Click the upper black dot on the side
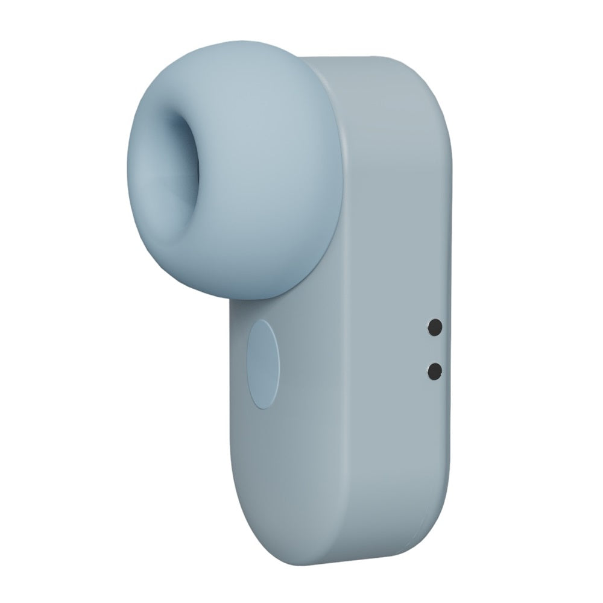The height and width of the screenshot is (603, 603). pyautogui.click(x=434, y=327)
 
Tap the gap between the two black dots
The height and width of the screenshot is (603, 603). pyautogui.click(x=434, y=349)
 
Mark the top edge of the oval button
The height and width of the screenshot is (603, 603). pyautogui.click(x=264, y=321)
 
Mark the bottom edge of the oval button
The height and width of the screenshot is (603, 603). pyautogui.click(x=264, y=406)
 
